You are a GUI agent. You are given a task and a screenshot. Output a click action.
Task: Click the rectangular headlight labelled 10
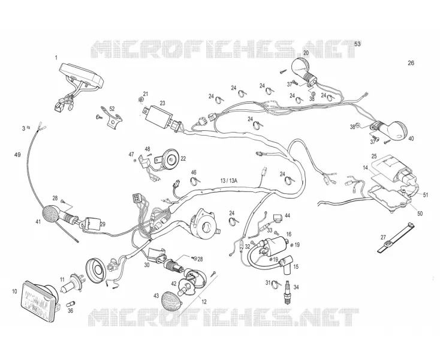click(x=40, y=301)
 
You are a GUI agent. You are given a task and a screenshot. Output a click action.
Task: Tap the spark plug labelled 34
click(x=287, y=292)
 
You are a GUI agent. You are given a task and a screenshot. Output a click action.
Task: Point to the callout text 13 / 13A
click(x=228, y=180)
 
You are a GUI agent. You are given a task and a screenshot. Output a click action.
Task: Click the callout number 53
click(x=357, y=44)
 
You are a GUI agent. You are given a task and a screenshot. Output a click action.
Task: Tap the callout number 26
click(x=411, y=63)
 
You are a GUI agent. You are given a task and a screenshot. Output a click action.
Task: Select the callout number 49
click(x=17, y=155)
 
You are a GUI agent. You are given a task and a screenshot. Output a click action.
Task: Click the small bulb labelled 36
click(x=70, y=304)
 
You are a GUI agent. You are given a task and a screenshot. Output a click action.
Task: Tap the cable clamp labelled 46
click(x=195, y=181)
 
